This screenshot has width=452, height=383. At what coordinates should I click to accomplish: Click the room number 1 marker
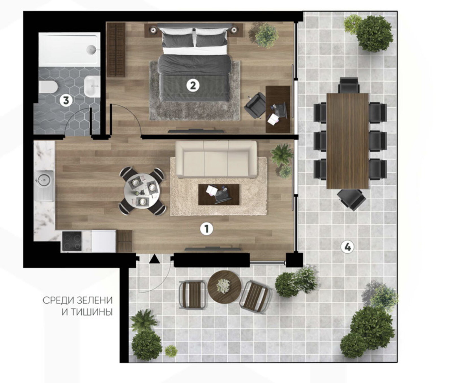pyautogui.click(x=206, y=229)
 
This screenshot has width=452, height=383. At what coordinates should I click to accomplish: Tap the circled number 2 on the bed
pyautogui.click(x=193, y=85)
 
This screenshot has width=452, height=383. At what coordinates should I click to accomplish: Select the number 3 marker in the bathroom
pyautogui.click(x=66, y=100)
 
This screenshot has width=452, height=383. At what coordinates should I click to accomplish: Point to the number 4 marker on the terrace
pyautogui.click(x=347, y=247)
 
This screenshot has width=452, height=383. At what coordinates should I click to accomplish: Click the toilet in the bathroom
pyautogui.click(x=48, y=87)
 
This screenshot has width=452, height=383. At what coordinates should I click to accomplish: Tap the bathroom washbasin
pyautogui.click(x=92, y=86)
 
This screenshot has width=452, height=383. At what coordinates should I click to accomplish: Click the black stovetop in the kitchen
pyautogui.click(x=72, y=241)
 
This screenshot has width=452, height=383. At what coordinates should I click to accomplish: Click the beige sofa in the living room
pyautogui.click(x=216, y=159)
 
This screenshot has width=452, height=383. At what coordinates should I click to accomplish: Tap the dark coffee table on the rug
pyautogui.click(x=219, y=194)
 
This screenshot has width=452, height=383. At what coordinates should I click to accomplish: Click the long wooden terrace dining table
pyautogui.click(x=347, y=141)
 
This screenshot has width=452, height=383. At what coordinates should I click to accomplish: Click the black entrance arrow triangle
pyautogui.click(x=154, y=259)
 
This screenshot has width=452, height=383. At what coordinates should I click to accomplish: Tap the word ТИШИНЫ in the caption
pyautogui.click(x=87, y=312)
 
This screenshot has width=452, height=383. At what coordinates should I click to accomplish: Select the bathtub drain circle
pyautogui.click(x=92, y=49)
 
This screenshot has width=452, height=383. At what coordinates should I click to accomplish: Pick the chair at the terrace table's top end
pyautogui.click(x=349, y=85)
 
